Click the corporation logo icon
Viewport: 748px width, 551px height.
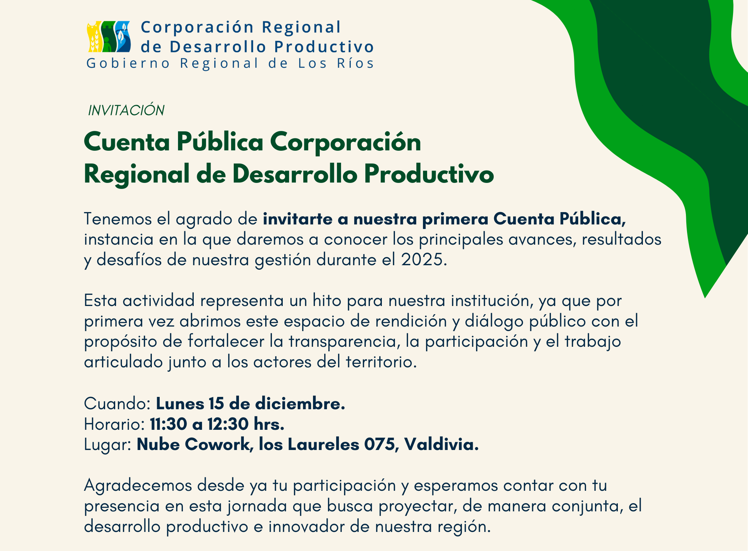(x=109, y=37)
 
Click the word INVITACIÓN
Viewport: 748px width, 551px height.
(x=126, y=110)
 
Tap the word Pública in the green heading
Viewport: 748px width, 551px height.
(x=219, y=143)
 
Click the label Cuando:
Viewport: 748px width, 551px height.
(x=117, y=404)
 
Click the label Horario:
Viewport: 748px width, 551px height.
(x=114, y=424)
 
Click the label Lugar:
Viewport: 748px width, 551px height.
(x=107, y=445)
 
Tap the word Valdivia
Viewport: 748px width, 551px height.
(x=441, y=444)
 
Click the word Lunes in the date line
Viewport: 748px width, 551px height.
(x=180, y=404)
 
